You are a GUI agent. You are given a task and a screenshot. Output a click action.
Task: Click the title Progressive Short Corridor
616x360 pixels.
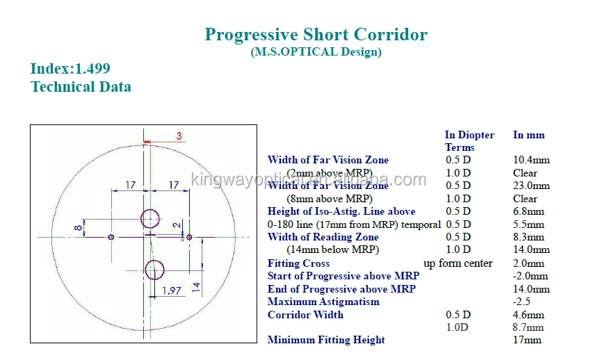coord(316,34)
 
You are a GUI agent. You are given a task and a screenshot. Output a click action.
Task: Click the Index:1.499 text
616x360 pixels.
coord(70,69)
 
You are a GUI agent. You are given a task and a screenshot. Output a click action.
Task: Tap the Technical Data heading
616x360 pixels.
coord(81,87)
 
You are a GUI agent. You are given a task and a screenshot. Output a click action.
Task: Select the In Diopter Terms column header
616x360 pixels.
coord(469,141)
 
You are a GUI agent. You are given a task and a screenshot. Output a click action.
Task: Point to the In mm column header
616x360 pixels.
coord(528,135)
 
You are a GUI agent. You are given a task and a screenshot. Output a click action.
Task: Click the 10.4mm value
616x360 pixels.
coord(530,160)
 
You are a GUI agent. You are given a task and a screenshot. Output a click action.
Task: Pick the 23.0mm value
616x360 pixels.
coord(531,186)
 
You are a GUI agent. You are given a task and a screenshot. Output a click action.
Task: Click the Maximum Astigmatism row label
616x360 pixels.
coord(323,302)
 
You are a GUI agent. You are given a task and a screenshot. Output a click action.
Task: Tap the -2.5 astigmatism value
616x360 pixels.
coord(523,302)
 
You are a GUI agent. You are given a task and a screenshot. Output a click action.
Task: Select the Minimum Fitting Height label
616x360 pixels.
coord(326,340)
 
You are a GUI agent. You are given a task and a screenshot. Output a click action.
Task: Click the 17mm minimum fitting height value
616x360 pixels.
coord(527,340)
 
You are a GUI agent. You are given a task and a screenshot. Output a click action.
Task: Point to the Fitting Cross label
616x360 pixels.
coord(298,263)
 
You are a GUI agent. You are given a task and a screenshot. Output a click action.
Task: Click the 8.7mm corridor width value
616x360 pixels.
coord(528,327)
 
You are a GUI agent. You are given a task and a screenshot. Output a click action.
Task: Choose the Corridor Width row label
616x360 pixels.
coord(305,315)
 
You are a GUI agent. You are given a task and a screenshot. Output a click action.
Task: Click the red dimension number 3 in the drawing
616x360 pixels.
coord(179,136)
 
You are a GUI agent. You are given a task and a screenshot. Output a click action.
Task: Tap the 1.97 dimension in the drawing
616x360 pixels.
coord(172,290)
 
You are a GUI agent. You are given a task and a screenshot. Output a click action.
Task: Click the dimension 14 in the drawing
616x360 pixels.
coord(197,285)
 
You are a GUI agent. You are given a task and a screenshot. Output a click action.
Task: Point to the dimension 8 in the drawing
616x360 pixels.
coord(79,227)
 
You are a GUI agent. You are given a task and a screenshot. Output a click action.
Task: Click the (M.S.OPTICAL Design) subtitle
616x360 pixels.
coord(316,51)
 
